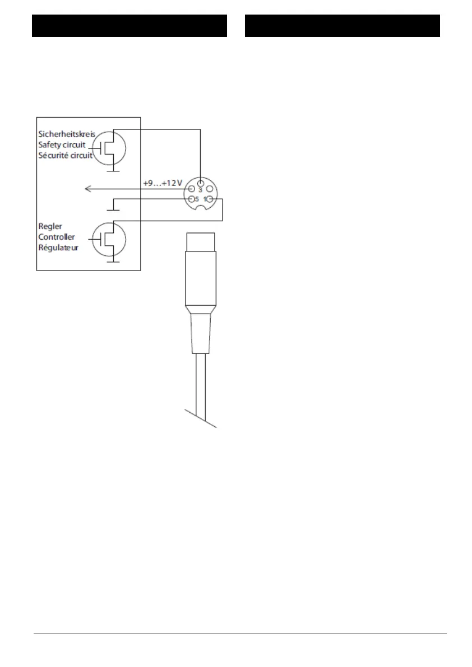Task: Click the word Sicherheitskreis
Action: pyautogui.click(x=67, y=134)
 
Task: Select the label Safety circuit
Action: pyautogui.click(x=62, y=144)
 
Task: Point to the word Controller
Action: pyautogui.click(x=57, y=237)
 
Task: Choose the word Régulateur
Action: pyautogui.click(x=58, y=247)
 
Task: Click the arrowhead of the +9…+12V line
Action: pyautogui.click(x=87, y=189)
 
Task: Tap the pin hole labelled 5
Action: pyautogui.click(x=191, y=199)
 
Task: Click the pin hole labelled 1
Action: pyautogui.click(x=210, y=199)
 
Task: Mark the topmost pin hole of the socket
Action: pyautogui.click(x=200, y=181)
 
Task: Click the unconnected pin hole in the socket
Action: pyautogui.click(x=210, y=189)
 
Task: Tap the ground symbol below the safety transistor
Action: pyautogui.click(x=113, y=170)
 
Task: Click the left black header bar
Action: pyautogui.click(x=129, y=26)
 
